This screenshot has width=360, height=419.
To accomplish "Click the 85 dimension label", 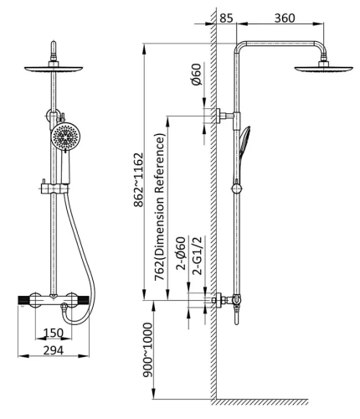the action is pyautogui.click(x=226, y=18).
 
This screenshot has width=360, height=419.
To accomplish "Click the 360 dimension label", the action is pyautogui.click(x=285, y=18).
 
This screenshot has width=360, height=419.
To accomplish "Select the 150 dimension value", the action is pyautogui.click(x=54, y=333).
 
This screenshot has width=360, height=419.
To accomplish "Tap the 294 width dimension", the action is pyautogui.click(x=54, y=350).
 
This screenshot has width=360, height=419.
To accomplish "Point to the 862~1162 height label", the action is pyautogui.click(x=139, y=179).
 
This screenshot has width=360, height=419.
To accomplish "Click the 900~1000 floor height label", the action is pyautogui.click(x=148, y=350).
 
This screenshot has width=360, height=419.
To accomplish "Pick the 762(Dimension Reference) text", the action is pyautogui.click(x=160, y=207).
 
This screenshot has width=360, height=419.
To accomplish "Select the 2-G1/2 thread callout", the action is pyautogui.click(x=198, y=256).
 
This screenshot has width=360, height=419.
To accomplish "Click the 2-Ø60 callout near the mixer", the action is pyautogui.click(x=181, y=253).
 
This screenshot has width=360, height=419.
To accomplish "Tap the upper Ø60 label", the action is pyautogui.click(x=196, y=75).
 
